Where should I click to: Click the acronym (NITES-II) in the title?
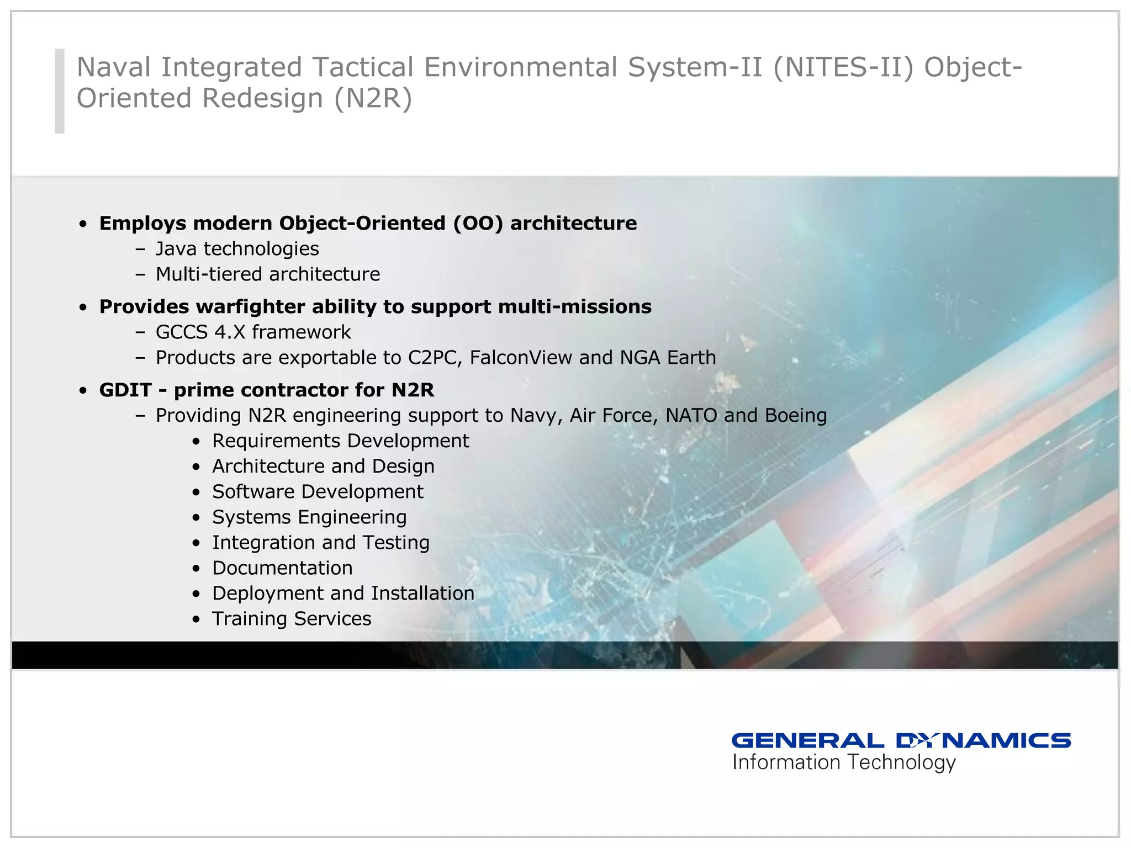tap(843, 67)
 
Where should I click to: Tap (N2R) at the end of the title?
tap(373, 99)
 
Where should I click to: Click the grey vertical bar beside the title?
tap(60, 91)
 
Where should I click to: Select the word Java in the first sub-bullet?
tap(176, 249)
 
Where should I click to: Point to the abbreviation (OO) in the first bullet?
tap(478, 223)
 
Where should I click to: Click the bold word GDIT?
tap(125, 390)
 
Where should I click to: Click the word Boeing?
tap(795, 415)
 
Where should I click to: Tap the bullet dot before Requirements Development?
tap(196, 442)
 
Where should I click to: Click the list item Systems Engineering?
tap(309, 517)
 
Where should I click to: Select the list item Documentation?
tap(282, 568)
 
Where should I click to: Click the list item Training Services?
tap(292, 619)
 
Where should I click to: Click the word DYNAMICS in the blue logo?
tap(983, 740)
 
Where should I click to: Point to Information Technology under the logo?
tap(843, 762)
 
